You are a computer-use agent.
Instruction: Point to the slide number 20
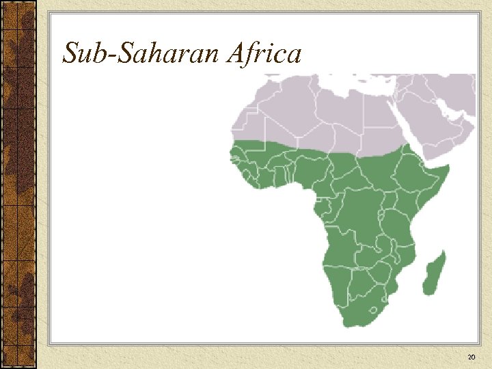tap(471, 357)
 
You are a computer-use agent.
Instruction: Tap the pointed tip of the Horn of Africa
tap(448, 167)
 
